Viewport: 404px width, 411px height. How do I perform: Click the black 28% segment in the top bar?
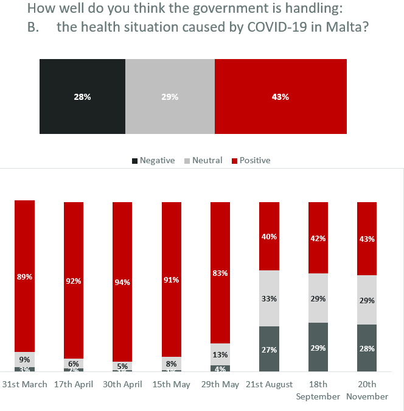point(82,96)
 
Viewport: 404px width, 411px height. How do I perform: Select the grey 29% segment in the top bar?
point(170,96)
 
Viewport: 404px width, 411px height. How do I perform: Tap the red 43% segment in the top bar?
point(280,96)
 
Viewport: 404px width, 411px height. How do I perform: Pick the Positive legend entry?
point(254,160)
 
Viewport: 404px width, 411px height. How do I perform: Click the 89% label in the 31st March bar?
point(25,277)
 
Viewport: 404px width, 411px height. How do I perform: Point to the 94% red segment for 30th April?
point(122,281)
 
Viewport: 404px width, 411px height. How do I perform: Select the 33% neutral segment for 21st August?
point(270,298)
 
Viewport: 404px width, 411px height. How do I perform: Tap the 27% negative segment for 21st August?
point(270,350)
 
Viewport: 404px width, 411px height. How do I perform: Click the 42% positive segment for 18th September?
point(318,238)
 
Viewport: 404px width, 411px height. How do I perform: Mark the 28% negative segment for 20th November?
point(367,348)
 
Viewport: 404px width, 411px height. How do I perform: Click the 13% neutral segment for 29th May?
point(220,354)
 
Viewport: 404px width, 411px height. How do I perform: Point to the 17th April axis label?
point(74,384)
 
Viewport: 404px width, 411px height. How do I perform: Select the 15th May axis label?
point(172,384)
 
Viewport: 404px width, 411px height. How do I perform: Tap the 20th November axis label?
point(367,390)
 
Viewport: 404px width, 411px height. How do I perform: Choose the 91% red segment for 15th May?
point(172,280)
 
